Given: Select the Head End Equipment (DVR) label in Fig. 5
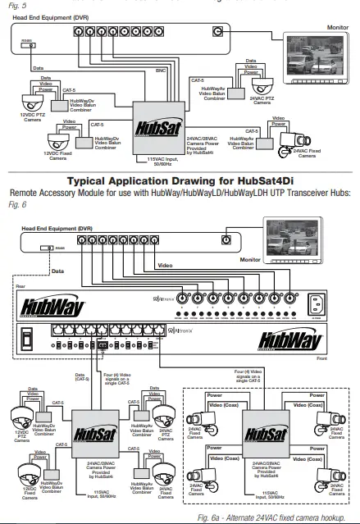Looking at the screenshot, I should click(x=47, y=17).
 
